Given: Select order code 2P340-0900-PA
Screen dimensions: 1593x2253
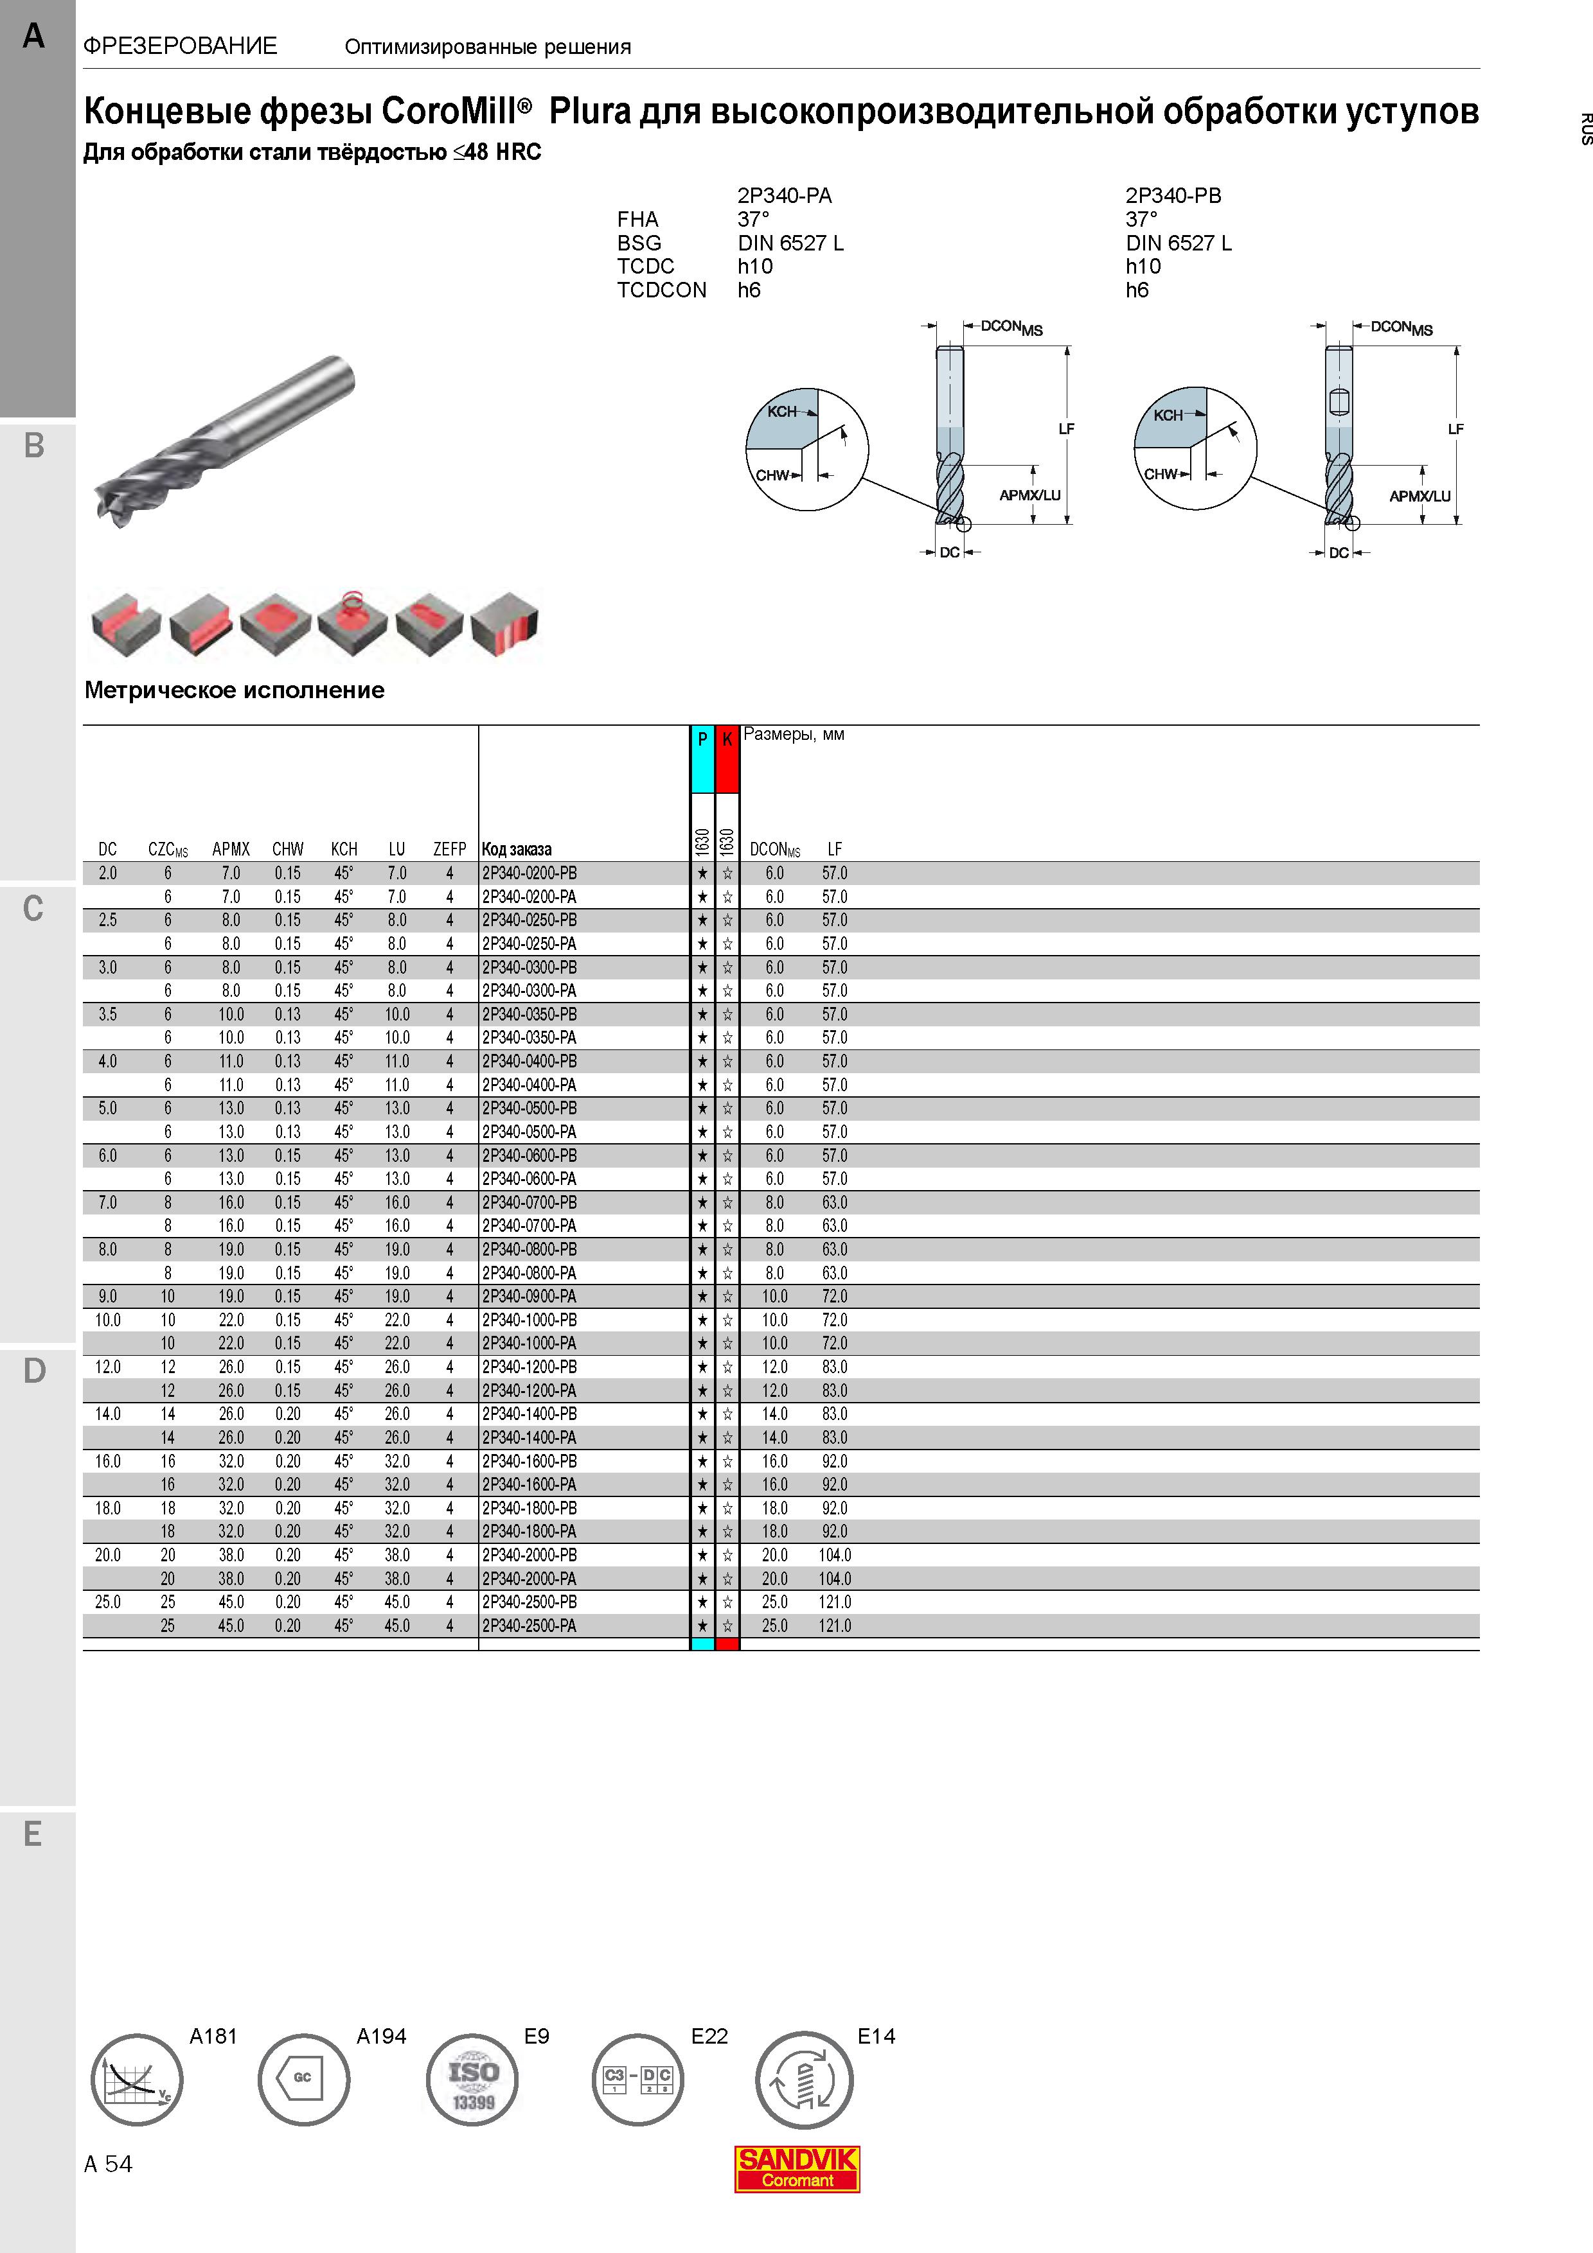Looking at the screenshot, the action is pos(529,1296).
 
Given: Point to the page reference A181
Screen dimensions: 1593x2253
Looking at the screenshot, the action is pos(213,2036).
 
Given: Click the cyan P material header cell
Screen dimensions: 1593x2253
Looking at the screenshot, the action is pos(702,758).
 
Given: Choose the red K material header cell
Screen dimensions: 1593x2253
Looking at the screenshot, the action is pos(726,758).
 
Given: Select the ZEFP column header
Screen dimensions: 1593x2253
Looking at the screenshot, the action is pos(450,849).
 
